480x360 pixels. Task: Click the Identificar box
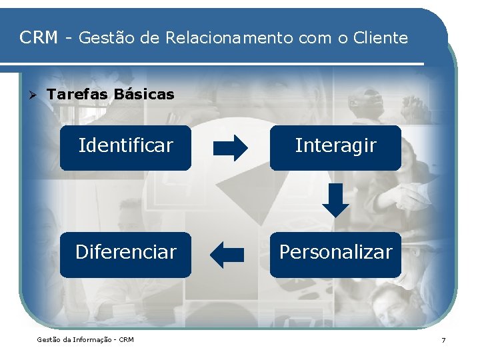[125, 147]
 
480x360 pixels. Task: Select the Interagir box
[335, 147]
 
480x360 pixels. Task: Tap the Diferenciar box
[125, 254]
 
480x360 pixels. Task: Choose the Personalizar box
[335, 254]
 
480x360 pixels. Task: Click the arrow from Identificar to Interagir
[230, 147]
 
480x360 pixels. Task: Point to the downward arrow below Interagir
[335, 200]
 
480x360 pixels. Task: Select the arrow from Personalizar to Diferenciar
[227, 254]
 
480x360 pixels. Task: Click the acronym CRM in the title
[39, 38]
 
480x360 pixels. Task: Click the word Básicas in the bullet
[144, 95]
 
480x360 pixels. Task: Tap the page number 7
[443, 340]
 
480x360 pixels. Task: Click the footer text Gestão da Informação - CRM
[85, 340]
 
